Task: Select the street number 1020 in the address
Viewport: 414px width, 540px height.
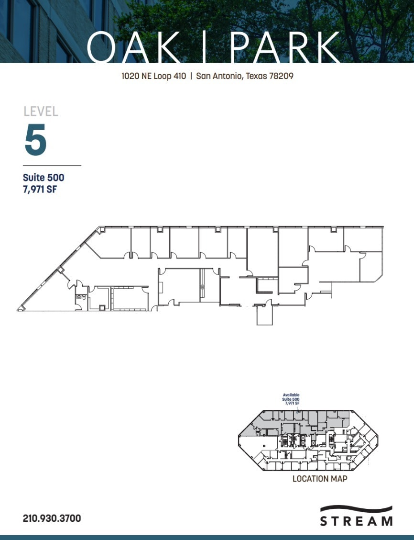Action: (x=130, y=76)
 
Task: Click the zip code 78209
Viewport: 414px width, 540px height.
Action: (x=282, y=76)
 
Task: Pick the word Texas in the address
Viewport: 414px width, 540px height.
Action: (x=257, y=76)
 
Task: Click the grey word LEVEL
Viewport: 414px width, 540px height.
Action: (x=41, y=112)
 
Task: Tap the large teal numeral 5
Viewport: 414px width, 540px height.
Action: (x=36, y=139)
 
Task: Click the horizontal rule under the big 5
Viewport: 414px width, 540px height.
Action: (x=52, y=165)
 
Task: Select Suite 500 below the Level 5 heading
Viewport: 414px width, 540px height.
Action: (x=44, y=178)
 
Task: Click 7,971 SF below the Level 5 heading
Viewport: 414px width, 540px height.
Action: (x=40, y=189)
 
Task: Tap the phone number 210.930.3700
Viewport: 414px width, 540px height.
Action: (x=52, y=518)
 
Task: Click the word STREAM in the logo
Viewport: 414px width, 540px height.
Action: (x=356, y=521)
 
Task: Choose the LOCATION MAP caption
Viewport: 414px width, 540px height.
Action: (x=320, y=479)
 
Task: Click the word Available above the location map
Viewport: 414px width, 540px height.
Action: (x=291, y=395)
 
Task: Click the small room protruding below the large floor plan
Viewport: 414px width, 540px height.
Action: (x=264, y=316)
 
